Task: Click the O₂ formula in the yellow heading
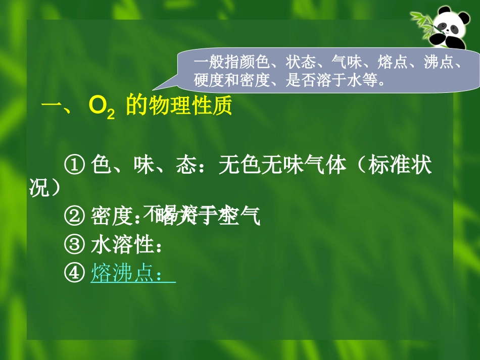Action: pos(102,108)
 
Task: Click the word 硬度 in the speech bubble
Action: pos(209,80)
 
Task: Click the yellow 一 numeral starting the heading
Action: pos(51,107)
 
